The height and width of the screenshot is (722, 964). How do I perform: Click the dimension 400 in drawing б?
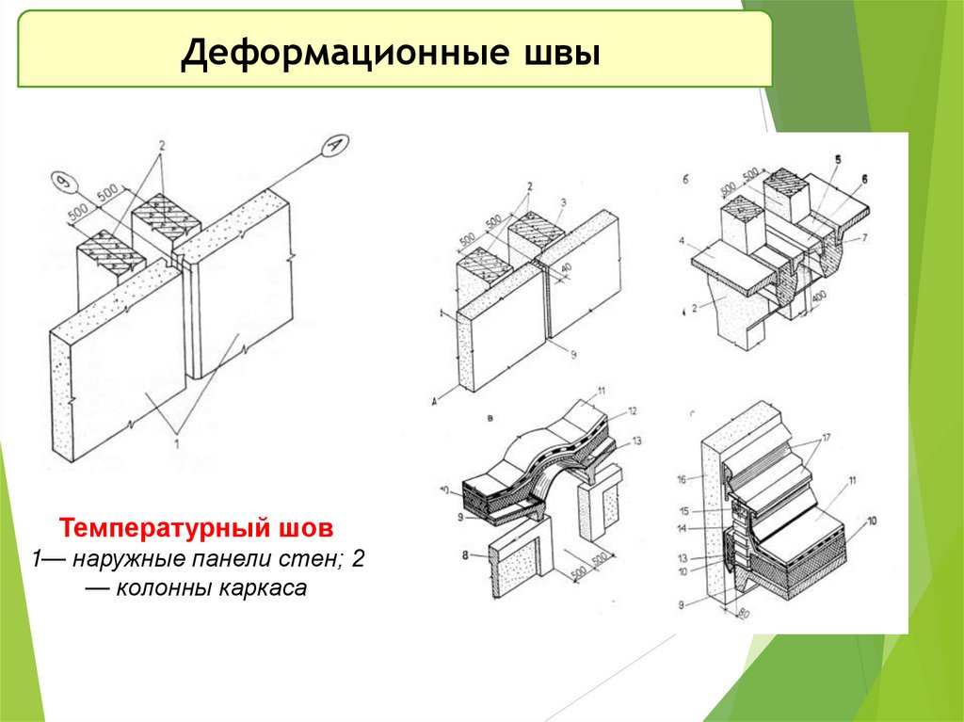(x=820, y=299)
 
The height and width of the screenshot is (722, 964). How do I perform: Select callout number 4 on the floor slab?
(x=680, y=242)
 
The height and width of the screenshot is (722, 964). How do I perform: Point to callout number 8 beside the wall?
(x=466, y=555)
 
